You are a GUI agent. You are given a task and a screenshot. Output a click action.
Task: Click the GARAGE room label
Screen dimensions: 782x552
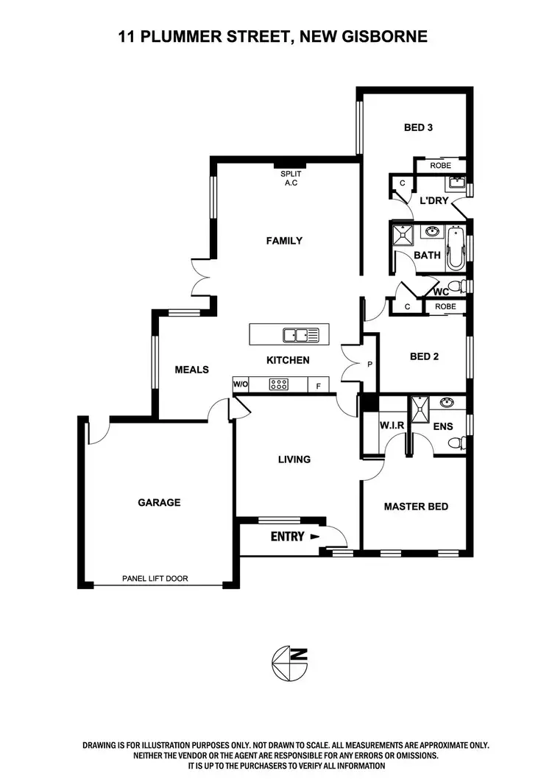[159, 503]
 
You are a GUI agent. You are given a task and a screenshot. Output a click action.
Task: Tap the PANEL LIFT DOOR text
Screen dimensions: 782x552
[155, 579]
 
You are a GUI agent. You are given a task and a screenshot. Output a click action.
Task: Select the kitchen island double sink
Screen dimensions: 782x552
[301, 335]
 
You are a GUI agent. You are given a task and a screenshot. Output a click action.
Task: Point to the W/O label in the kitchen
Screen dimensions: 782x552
[240, 384]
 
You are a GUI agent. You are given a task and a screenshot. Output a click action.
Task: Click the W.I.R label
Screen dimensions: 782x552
[389, 426]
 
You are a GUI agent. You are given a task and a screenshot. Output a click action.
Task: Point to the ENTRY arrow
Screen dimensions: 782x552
[316, 537]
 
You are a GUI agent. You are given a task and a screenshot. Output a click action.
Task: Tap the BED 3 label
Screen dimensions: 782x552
[418, 127]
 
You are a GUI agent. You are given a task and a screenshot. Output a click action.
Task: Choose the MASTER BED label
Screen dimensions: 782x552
[416, 507]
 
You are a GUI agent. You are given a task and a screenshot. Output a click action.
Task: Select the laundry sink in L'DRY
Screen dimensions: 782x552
[456, 183]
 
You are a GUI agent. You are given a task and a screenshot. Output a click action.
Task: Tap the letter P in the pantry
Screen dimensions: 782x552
[369, 364]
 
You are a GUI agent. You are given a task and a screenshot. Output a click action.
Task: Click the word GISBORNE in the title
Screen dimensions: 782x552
[383, 35]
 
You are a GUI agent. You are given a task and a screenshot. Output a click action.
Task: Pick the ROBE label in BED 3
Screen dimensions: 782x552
[440, 166]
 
